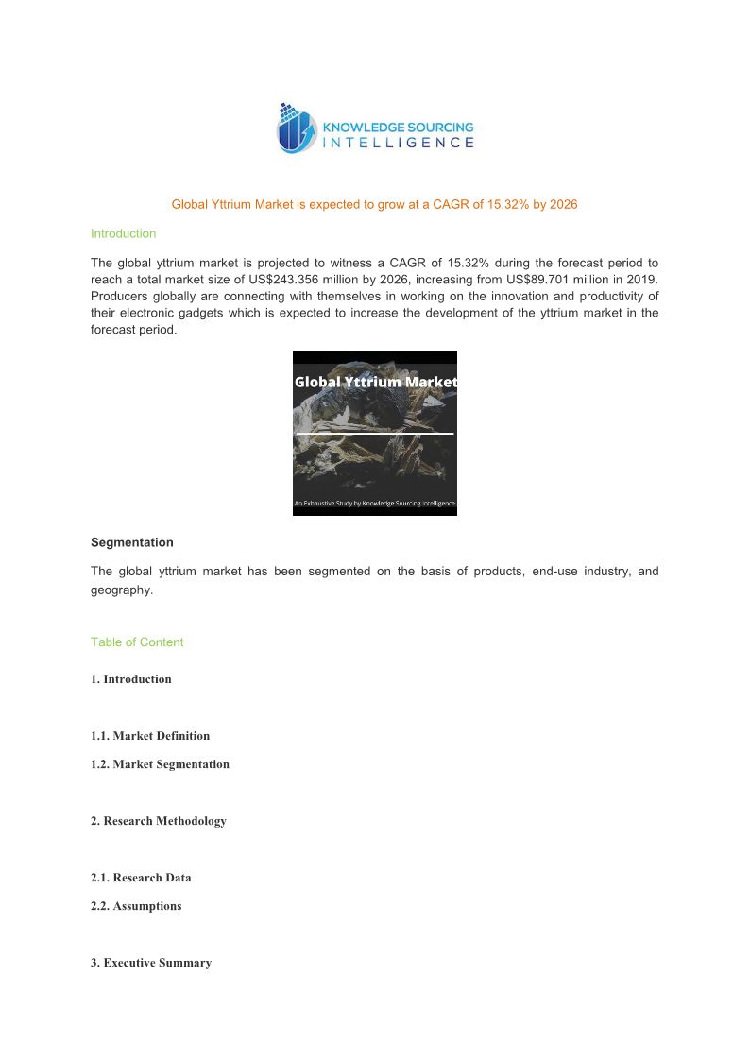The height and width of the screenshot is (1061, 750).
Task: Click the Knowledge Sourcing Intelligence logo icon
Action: tap(295, 129)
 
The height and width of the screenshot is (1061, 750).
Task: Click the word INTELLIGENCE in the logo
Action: tap(399, 143)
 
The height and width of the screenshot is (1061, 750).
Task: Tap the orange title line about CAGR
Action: tap(374, 204)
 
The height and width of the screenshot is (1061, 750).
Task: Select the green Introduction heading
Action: tap(123, 233)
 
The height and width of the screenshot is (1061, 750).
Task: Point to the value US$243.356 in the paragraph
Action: tap(302, 279)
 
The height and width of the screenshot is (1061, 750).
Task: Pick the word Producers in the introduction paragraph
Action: tap(118, 296)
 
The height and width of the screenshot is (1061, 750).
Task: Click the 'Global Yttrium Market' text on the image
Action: tap(375, 382)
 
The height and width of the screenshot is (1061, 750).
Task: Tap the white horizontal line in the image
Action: tap(375, 434)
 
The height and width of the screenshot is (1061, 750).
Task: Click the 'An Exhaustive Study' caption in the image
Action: tap(375, 504)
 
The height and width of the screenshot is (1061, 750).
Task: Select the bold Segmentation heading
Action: tap(131, 542)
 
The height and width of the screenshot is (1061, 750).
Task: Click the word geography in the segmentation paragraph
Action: tap(120, 590)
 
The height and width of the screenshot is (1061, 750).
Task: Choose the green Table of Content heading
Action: tap(137, 642)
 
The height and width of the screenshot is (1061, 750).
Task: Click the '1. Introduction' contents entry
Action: tap(131, 679)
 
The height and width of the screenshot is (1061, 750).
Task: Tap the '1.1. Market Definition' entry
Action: tap(150, 736)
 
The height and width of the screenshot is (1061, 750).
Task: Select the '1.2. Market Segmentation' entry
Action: tap(160, 764)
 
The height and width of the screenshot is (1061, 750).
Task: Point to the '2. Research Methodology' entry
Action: tap(159, 821)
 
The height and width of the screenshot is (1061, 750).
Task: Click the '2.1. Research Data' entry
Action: tap(141, 878)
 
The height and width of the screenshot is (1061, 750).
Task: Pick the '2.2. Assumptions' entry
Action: tap(136, 906)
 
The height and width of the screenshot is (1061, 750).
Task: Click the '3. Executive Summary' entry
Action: tap(151, 963)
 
